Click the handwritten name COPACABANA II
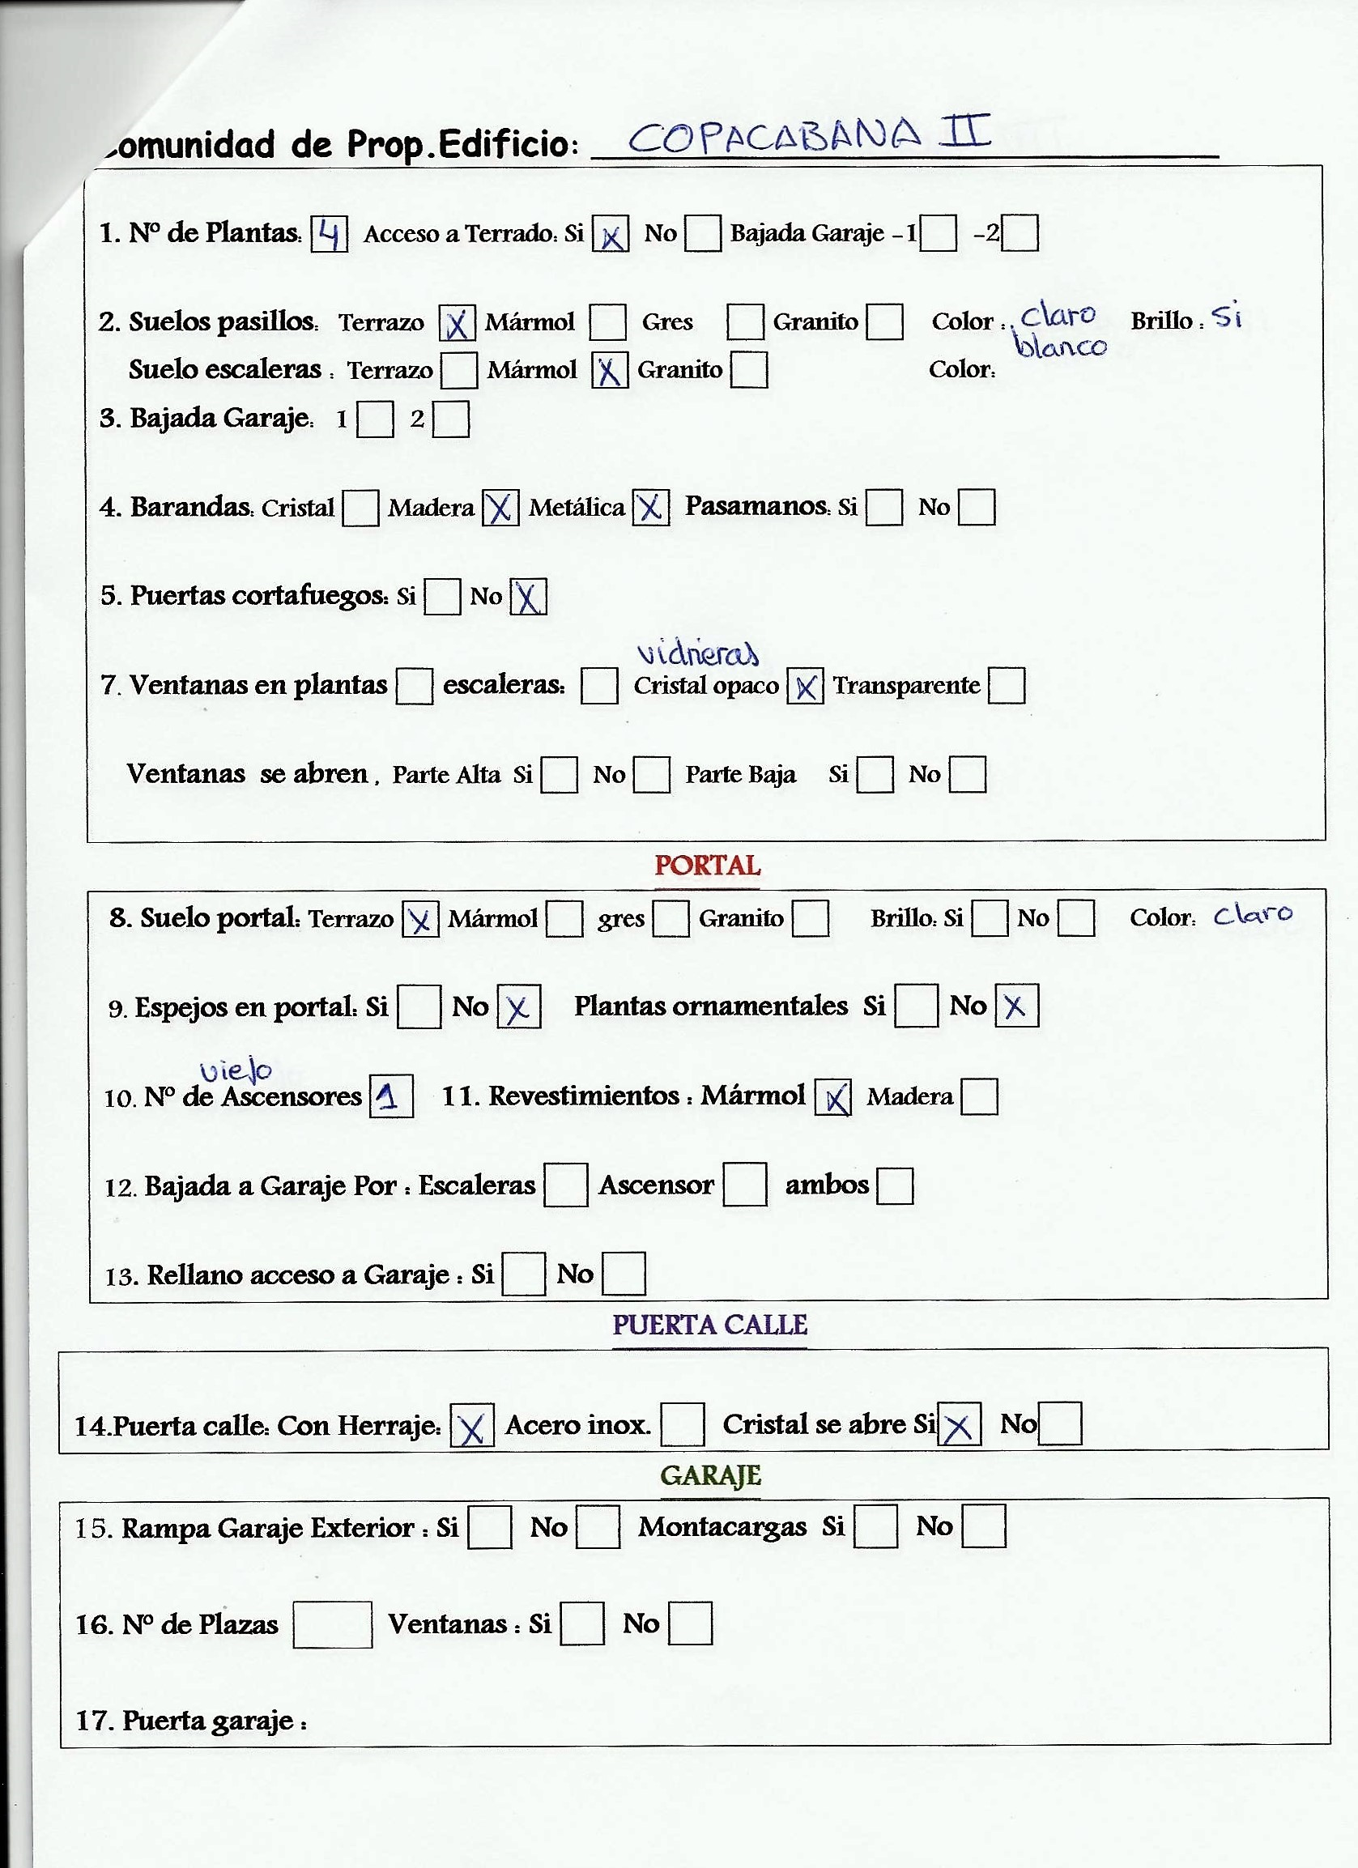(809, 136)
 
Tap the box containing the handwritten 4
(330, 234)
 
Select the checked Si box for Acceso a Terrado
(611, 234)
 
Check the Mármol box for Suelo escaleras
(610, 371)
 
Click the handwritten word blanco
(1061, 346)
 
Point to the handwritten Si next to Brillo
(1227, 317)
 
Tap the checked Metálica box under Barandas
(650, 508)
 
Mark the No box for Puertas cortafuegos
(529, 597)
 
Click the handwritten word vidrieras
(697, 653)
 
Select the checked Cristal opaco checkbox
(806, 686)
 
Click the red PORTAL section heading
(708, 866)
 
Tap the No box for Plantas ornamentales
(1016, 1006)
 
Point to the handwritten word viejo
(236, 1070)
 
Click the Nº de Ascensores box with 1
(391, 1096)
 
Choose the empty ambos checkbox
(895, 1186)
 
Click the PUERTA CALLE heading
(710, 1325)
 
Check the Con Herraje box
(472, 1426)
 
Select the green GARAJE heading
(711, 1475)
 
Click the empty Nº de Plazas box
(332, 1624)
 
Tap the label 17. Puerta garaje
(191, 1721)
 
